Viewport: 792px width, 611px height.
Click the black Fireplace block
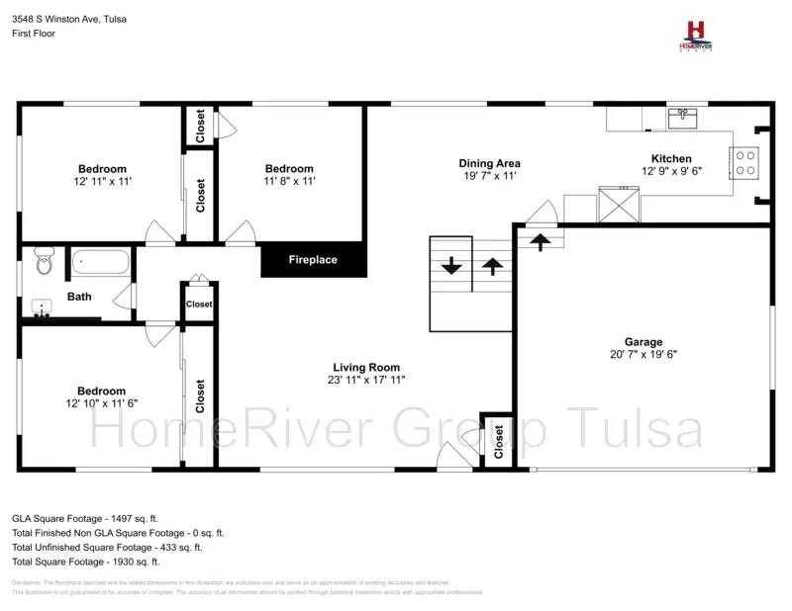(x=313, y=260)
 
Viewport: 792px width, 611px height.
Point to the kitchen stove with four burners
(x=744, y=162)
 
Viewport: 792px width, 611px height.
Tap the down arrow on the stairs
(x=451, y=265)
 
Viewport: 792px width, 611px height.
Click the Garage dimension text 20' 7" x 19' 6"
(x=643, y=354)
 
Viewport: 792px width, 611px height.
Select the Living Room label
(x=366, y=367)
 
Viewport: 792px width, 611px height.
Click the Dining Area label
(x=489, y=163)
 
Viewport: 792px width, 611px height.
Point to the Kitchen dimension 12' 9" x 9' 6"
(x=671, y=171)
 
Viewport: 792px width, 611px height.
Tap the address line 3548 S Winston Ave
(x=68, y=19)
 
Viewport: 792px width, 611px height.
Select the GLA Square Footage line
(x=84, y=517)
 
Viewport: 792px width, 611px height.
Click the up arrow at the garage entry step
(x=540, y=240)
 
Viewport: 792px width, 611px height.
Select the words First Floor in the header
(x=34, y=33)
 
